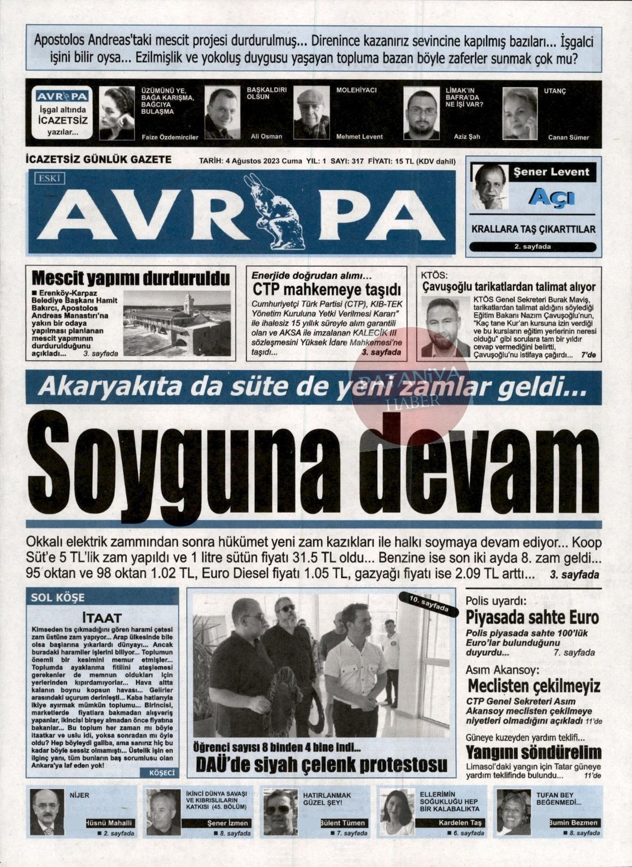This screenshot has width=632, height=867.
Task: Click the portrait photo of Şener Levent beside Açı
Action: [x=490, y=186]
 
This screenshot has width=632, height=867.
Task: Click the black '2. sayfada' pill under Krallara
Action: [x=532, y=247]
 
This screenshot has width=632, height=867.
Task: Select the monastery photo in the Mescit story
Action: [x=177, y=323]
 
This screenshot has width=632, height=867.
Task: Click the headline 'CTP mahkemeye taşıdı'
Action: [x=327, y=290]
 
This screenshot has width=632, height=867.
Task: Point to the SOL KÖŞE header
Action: [x=58, y=597]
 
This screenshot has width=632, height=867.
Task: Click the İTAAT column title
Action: [x=102, y=617]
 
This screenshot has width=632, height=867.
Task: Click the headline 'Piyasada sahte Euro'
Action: [x=532, y=617]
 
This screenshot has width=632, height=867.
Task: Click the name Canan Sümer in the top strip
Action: [x=568, y=137]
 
